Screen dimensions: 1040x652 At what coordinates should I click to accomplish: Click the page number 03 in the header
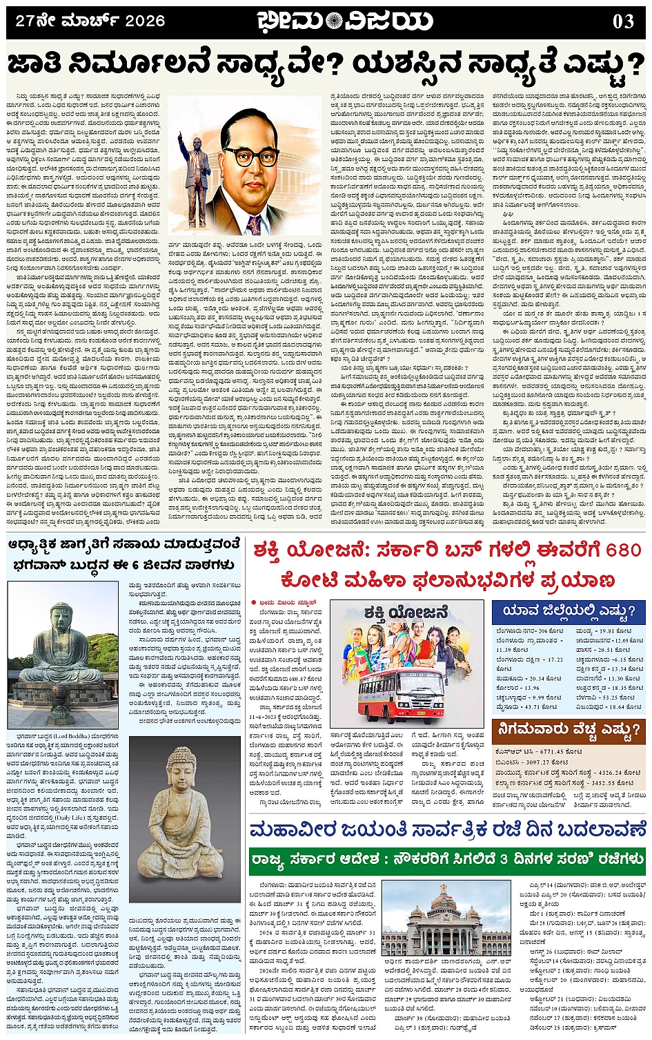(623, 21)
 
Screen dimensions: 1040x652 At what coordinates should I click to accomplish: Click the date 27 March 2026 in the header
(90, 21)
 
